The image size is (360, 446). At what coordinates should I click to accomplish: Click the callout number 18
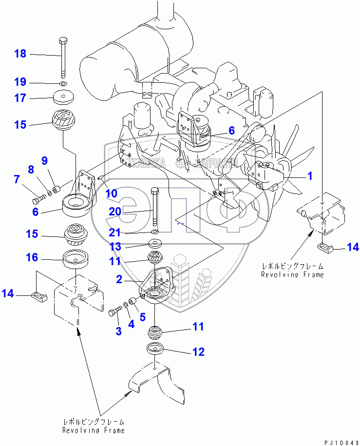pos(20,54)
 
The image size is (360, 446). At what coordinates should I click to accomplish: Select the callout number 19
pos(20,82)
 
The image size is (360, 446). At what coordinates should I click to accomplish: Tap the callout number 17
pos(20,98)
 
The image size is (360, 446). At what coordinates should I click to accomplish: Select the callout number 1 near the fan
pos(309,176)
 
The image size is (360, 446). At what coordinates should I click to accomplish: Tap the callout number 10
pos(111,194)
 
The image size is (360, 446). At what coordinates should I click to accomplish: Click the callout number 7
pos(17,179)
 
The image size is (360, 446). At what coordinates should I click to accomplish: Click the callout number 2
pos(118,279)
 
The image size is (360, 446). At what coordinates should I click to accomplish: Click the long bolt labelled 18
pos(63,57)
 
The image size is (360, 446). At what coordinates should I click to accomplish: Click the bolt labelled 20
pos(154,206)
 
